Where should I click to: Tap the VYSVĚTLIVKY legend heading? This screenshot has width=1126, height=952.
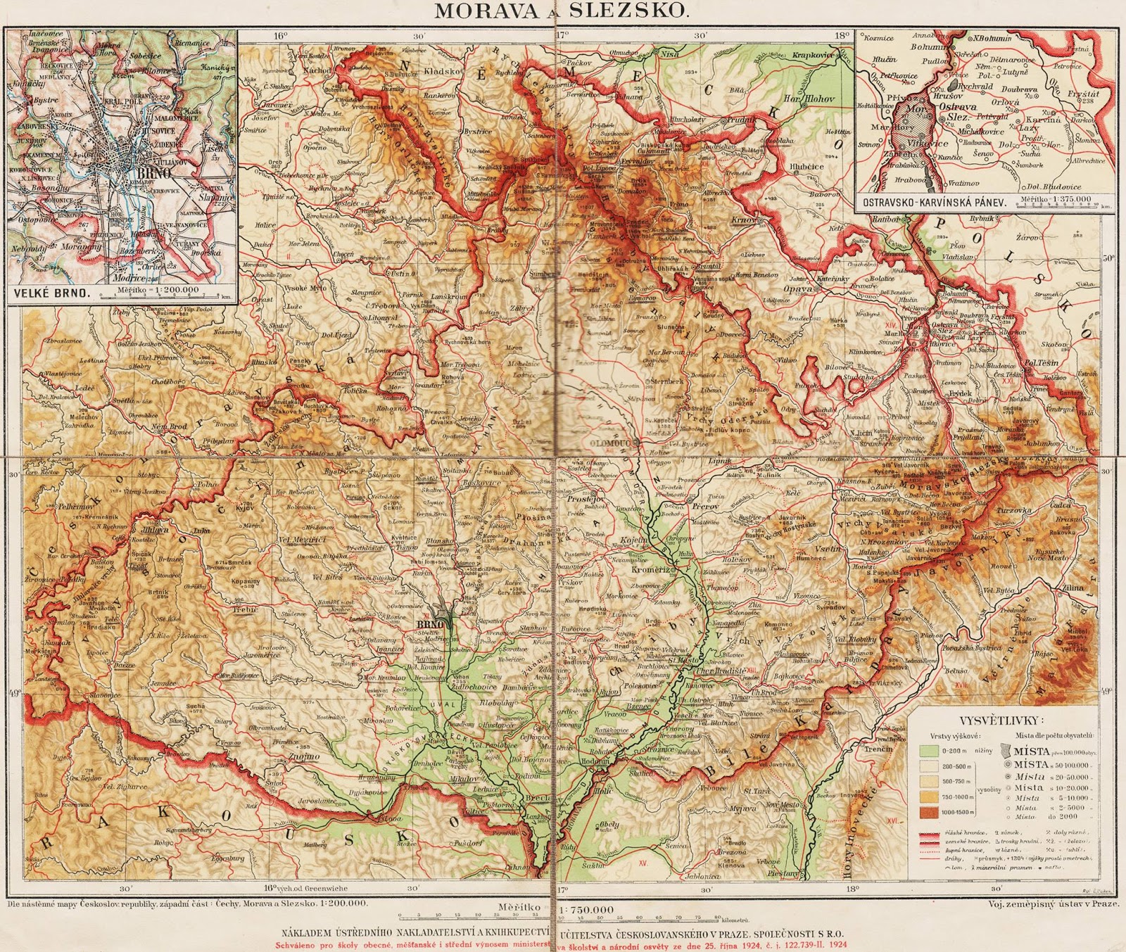click(x=1002, y=720)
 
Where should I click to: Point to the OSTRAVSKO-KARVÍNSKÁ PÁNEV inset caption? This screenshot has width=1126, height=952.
click(x=930, y=201)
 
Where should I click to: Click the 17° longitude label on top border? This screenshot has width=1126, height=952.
click(x=561, y=34)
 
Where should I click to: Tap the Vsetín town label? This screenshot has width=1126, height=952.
click(x=820, y=548)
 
